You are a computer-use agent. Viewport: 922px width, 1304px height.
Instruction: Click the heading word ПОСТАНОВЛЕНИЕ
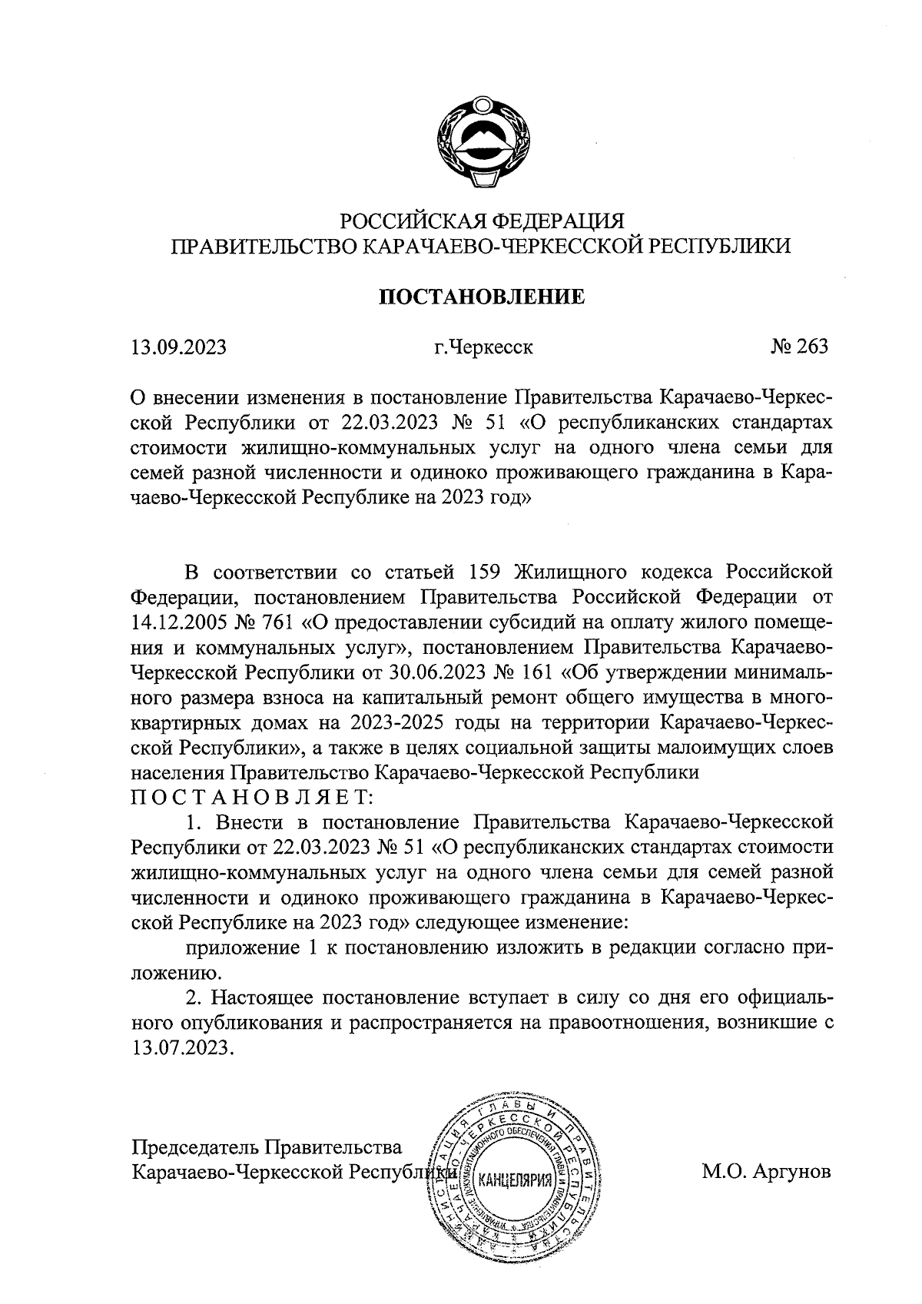[x=483, y=297]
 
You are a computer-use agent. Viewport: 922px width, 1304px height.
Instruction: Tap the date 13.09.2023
[x=178, y=347]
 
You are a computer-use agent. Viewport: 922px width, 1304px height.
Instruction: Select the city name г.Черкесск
[x=483, y=347]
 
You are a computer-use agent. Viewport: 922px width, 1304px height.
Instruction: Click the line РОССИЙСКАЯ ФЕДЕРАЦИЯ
[x=483, y=221]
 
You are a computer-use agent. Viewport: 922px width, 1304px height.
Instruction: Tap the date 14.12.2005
[x=181, y=622]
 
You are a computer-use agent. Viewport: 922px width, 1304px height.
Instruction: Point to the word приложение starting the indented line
[x=241, y=947]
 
